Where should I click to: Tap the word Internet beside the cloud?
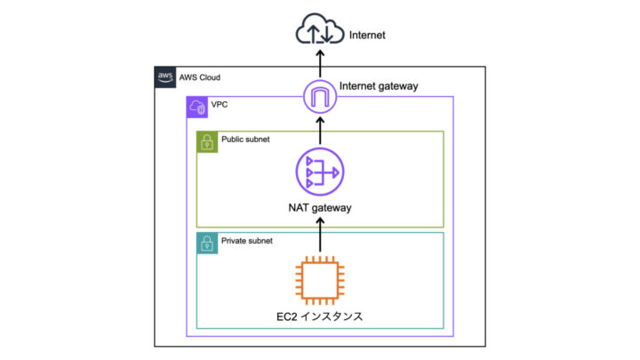[368, 36]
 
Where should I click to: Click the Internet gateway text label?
[379, 86]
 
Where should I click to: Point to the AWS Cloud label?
[202, 77]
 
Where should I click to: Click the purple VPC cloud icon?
[197, 108]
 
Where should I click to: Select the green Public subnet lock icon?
[207, 141]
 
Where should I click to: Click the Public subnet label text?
[245, 140]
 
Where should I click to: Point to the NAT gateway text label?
[319, 208]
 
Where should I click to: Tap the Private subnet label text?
[247, 241]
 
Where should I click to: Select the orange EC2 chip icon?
[319, 278]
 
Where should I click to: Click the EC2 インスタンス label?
[319, 316]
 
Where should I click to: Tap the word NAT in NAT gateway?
[300, 208]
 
